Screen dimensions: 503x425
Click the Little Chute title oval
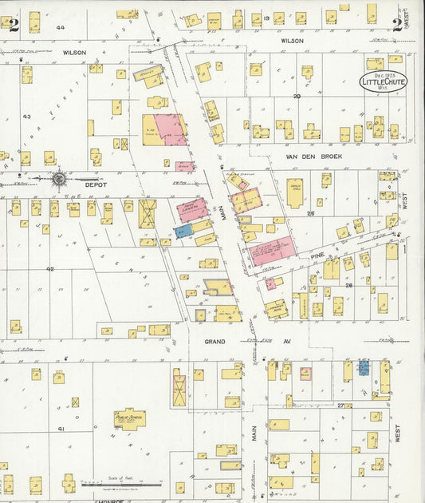[x=383, y=81]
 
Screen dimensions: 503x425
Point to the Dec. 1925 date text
[x=383, y=74]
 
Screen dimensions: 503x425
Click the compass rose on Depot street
[x=60, y=179]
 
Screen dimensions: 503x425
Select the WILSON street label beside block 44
[x=74, y=52]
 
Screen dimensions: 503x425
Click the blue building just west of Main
[x=183, y=231]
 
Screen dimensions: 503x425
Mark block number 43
[x=26, y=117]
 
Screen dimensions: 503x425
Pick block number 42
[x=49, y=269]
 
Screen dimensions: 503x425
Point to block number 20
[x=296, y=95]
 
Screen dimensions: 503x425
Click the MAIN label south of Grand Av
[x=254, y=434]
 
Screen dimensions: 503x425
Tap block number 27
[x=340, y=406]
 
